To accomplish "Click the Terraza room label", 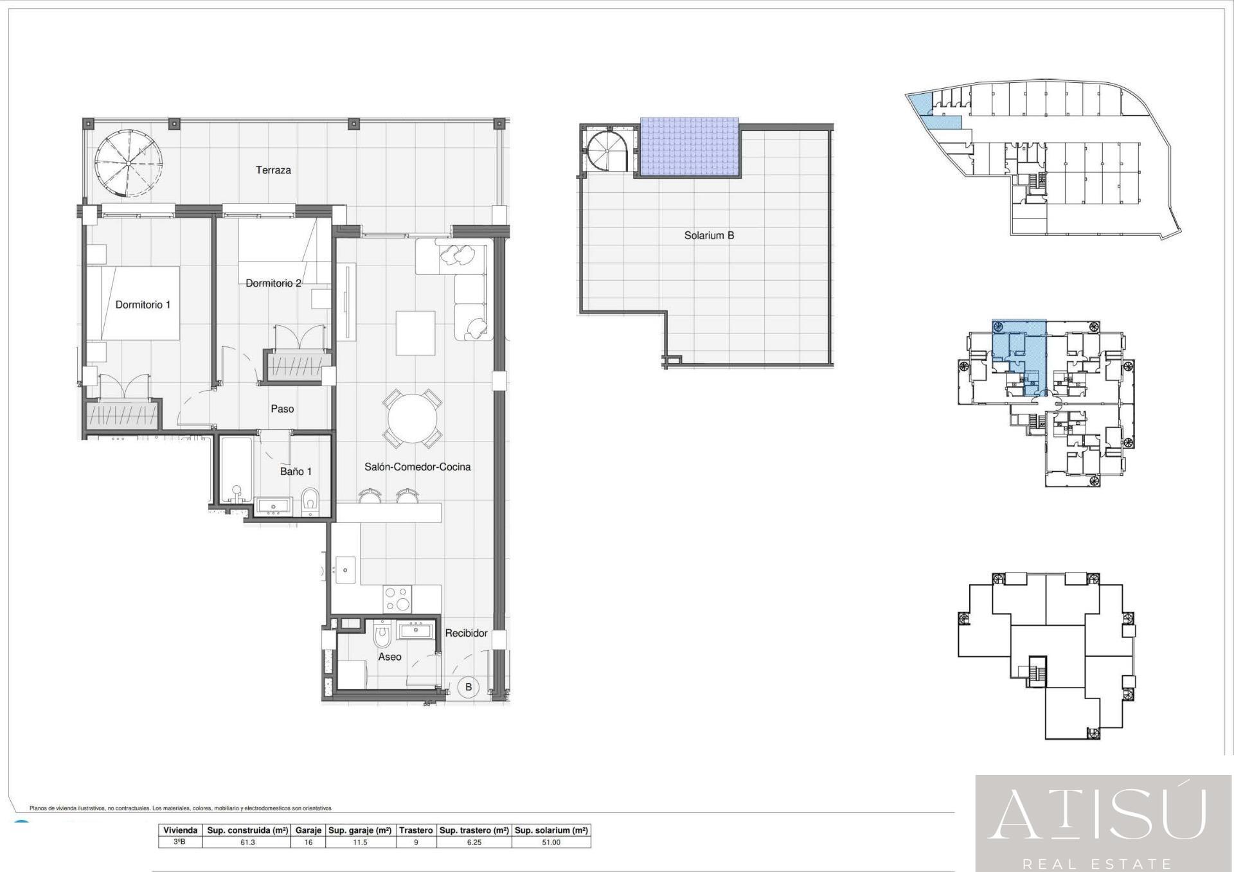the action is pos(273,170).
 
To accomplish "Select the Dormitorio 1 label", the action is pos(143,305).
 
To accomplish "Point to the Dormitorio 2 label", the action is pos(273,283).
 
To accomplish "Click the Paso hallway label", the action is pos(282,409).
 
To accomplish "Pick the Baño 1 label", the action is pos(296,472).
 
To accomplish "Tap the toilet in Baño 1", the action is pos(310,502).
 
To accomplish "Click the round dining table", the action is pos(413,419).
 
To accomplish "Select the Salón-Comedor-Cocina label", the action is pos(418,467).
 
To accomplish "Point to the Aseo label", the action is pos(389,657).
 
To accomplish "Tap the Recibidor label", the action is pos(467,633).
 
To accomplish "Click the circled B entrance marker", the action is pos(469,687).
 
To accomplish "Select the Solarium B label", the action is pos(709,236).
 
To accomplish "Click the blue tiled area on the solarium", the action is pos(690,147).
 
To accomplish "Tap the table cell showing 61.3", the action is pos(247,842).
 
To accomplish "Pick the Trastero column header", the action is pos(416,830).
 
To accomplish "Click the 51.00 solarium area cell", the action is pos(551,842).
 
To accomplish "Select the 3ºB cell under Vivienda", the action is pos(181,842).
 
